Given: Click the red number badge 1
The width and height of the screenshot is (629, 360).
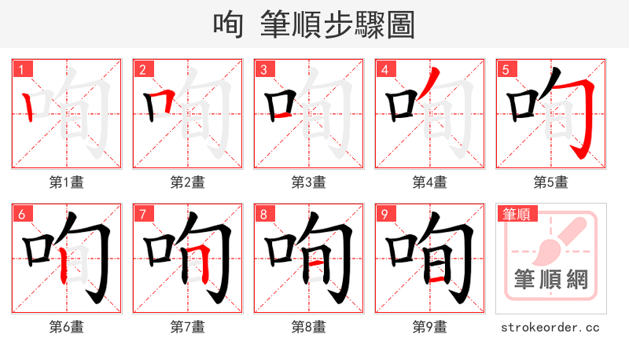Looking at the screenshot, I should point(21,69).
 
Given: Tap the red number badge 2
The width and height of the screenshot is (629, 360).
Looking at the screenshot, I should point(142,69).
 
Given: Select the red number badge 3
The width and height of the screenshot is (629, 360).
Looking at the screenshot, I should point(263,69).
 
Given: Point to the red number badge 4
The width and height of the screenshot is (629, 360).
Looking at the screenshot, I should point(384,69).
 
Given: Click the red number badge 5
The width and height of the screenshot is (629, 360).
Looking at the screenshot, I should point(506,69).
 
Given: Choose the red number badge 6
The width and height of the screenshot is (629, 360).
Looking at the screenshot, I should point(21,214).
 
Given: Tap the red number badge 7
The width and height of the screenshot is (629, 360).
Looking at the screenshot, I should point(142,214).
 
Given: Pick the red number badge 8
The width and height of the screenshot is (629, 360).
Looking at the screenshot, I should point(263,214).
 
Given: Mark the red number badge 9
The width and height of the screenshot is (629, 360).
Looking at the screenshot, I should point(384,214).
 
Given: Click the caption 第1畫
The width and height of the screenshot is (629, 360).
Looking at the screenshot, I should point(66,182).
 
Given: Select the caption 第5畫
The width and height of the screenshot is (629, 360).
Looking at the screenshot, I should point(550,182).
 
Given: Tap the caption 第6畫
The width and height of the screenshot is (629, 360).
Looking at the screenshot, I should point(66,327).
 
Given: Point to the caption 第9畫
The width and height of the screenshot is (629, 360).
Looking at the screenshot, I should point(429,327).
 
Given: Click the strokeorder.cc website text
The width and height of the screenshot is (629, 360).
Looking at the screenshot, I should point(550,327).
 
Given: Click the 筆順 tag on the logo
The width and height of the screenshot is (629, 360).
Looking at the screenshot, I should point(516,213).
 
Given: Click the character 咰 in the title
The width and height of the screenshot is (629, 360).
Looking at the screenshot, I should point(229,24).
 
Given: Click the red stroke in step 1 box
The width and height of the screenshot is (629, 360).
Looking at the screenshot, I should point(29,105).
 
